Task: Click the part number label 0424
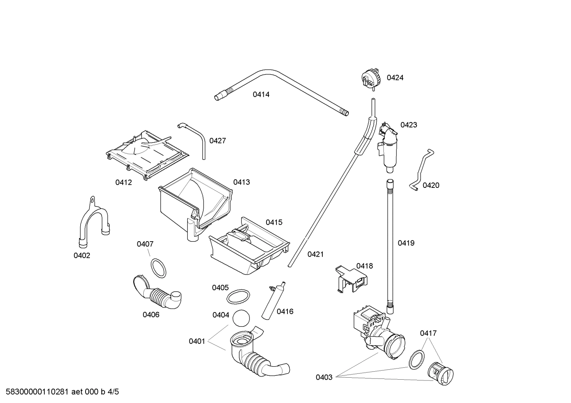pyautogui.click(x=395, y=78)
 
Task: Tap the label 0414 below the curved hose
pyautogui.click(x=261, y=95)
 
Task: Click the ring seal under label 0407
pyautogui.click(x=158, y=268)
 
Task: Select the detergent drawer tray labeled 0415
pyautogui.click(x=249, y=247)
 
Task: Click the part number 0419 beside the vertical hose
pyautogui.click(x=406, y=243)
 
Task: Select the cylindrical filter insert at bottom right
pyautogui.click(x=440, y=372)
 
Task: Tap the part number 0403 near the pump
pyautogui.click(x=324, y=377)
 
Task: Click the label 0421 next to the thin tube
pyautogui.click(x=315, y=254)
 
